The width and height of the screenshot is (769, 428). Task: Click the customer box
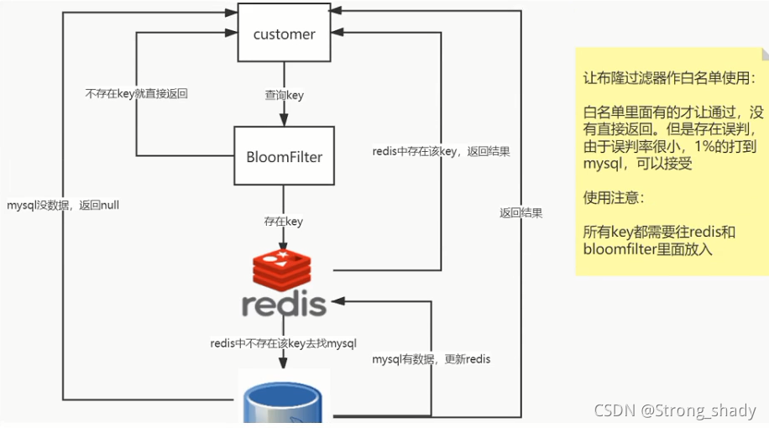(x=284, y=34)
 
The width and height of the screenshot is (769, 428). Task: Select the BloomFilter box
(x=284, y=156)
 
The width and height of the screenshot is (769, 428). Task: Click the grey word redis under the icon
(x=284, y=305)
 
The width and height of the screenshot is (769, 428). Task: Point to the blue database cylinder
(x=284, y=400)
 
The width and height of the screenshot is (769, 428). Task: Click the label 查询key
(x=284, y=95)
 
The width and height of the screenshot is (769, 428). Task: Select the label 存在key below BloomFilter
(x=284, y=222)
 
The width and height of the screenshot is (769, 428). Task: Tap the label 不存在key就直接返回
(x=136, y=94)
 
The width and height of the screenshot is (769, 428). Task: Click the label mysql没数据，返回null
(x=63, y=204)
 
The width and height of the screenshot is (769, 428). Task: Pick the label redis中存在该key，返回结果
(x=441, y=152)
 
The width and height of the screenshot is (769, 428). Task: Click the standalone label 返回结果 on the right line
(x=521, y=213)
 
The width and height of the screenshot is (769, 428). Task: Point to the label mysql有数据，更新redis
(x=432, y=359)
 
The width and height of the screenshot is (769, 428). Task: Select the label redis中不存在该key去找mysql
(x=284, y=342)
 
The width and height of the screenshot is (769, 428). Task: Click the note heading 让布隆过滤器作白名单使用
(x=668, y=77)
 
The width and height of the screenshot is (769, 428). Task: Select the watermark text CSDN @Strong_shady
(x=675, y=411)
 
